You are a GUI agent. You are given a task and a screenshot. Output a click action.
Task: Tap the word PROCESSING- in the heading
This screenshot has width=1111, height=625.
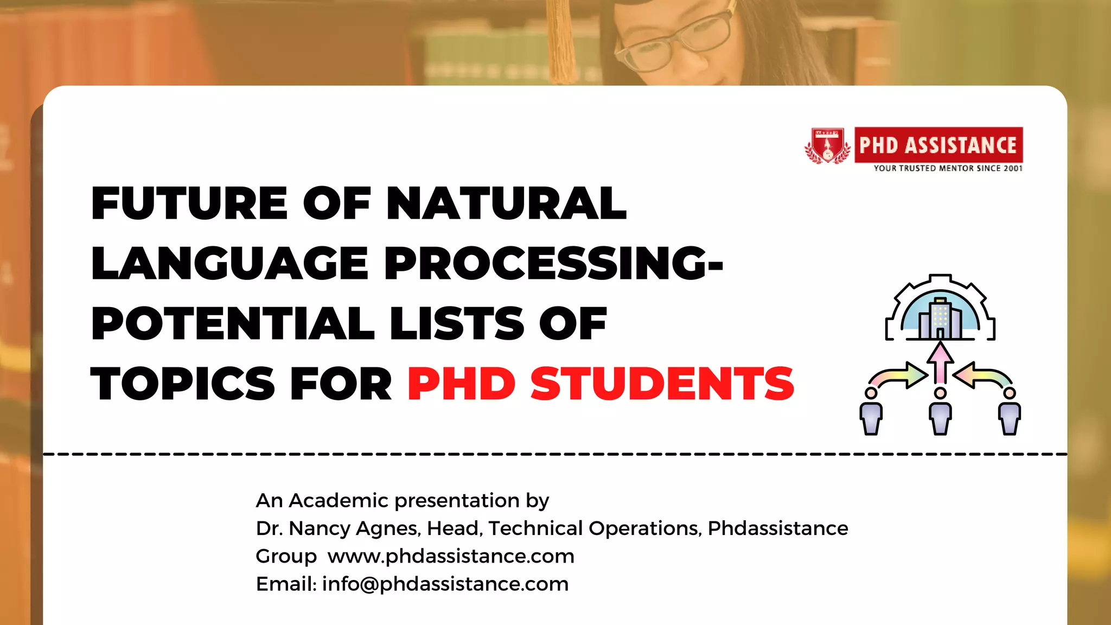553,263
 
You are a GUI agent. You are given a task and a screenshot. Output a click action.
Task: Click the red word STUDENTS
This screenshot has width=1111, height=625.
662,384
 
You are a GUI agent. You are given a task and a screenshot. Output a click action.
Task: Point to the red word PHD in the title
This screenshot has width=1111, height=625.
461,384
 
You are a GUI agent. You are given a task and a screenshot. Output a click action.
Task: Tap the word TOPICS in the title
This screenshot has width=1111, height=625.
183,384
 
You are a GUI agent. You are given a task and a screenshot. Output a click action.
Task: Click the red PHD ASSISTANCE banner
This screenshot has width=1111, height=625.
938,145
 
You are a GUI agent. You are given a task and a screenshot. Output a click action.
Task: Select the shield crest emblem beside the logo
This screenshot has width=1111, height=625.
827,145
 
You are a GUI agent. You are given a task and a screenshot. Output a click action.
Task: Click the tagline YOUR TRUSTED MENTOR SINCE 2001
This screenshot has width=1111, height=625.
948,169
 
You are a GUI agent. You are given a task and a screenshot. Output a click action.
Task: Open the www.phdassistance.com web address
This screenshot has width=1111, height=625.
451,556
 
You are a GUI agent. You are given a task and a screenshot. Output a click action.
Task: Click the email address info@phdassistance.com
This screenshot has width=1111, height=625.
445,584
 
